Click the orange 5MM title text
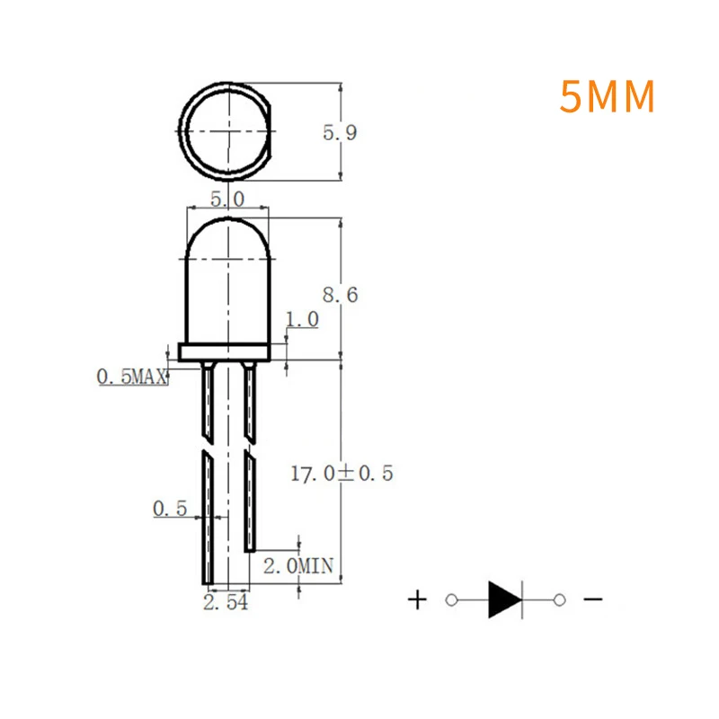pyautogui.click(x=607, y=97)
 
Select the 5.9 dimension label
pyautogui.click(x=341, y=133)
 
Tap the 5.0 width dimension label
pyautogui.click(x=226, y=199)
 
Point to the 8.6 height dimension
pyautogui.click(x=341, y=294)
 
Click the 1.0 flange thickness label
pyautogui.click(x=302, y=319)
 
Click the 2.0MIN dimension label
pyautogui.click(x=297, y=565)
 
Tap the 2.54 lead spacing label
pyautogui.click(x=226, y=603)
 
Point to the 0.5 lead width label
pyautogui.click(x=169, y=509)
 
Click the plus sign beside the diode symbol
pyautogui.click(x=417, y=599)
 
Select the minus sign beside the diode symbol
pyautogui.click(x=593, y=599)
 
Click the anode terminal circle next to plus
pyautogui.click(x=452, y=599)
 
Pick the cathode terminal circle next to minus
pyautogui.click(x=559, y=599)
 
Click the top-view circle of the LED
pyautogui.click(x=226, y=131)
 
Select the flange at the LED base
pyautogui.click(x=225, y=352)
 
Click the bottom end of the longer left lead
pyautogui.click(x=208, y=580)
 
